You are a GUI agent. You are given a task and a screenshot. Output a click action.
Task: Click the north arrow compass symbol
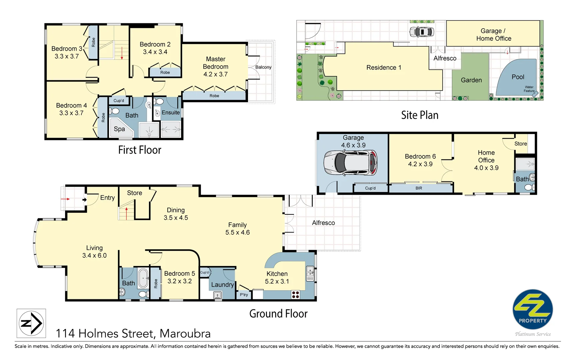31,323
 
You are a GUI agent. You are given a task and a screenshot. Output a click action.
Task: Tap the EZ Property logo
532,310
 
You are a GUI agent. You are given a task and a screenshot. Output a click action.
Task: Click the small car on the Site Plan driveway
421,32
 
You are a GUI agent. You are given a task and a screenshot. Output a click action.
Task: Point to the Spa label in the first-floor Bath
119,129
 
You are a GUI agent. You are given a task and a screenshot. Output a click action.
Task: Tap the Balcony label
263,67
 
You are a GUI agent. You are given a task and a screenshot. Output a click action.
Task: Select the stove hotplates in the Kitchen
295,294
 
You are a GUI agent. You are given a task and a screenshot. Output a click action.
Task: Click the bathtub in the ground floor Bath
144,278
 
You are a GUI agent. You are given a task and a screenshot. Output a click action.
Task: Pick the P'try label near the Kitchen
244,295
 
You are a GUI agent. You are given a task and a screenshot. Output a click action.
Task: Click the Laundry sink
217,295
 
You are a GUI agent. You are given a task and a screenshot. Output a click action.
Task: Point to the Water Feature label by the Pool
529,89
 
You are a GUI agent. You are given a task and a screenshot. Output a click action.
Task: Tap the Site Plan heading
419,115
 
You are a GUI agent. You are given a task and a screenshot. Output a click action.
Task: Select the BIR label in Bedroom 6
419,188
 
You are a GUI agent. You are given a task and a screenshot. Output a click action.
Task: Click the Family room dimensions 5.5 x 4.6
237,232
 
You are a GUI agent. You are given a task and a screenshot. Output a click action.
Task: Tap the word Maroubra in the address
185,333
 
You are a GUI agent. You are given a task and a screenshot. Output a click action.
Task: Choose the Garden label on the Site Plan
471,80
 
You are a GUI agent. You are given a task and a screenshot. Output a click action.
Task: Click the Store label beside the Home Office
520,144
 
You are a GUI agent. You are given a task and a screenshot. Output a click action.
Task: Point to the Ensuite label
171,113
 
